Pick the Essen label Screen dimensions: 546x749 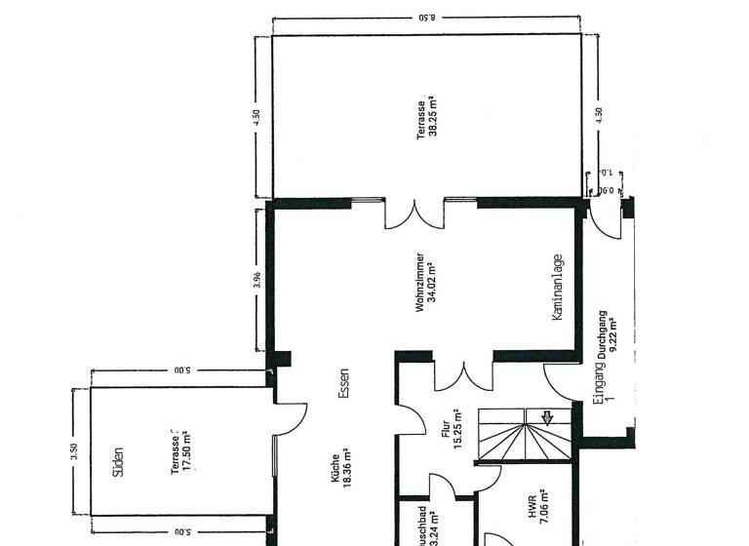[x=343, y=383]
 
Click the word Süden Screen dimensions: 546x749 [x=118, y=461]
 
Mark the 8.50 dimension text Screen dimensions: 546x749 [x=427, y=17]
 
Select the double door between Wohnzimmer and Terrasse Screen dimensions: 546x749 [x=414, y=214]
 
